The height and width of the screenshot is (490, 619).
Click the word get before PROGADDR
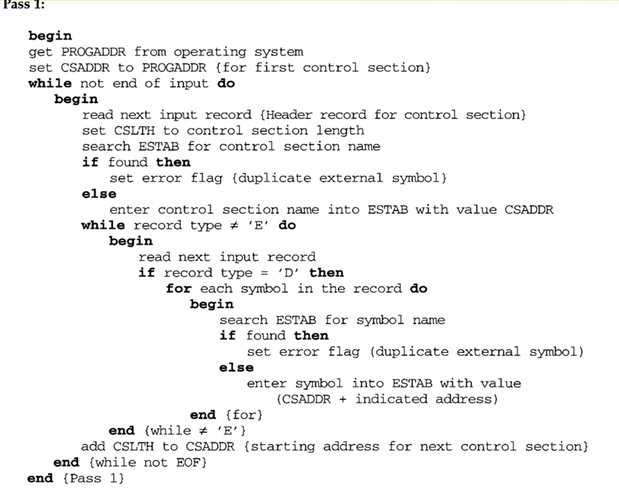(x=40, y=52)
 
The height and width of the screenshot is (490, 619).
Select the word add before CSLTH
(x=93, y=447)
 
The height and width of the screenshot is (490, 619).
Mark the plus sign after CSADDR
(x=343, y=399)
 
